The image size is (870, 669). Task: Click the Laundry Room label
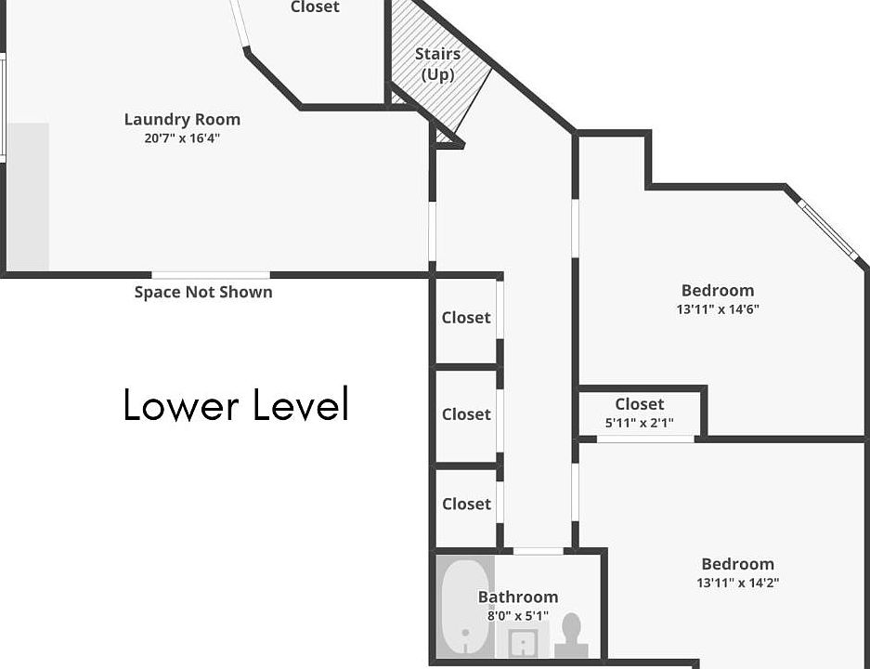tap(182, 119)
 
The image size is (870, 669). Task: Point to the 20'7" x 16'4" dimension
tap(182, 138)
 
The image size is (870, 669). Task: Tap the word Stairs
tap(437, 54)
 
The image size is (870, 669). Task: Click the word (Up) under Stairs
tap(437, 73)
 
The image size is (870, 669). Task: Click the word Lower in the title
tap(177, 405)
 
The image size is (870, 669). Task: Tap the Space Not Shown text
tap(203, 292)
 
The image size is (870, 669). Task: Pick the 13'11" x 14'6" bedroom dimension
tap(718, 309)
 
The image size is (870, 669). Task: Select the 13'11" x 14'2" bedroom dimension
tap(737, 583)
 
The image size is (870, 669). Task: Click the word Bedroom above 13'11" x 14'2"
tap(737, 564)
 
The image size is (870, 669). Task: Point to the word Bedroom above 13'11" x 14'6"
tap(718, 290)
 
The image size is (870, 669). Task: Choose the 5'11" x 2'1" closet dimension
tap(639, 423)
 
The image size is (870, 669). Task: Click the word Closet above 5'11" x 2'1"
tap(639, 404)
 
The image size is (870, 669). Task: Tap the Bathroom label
tap(518, 597)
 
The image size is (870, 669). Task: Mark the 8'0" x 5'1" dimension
tap(518, 615)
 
